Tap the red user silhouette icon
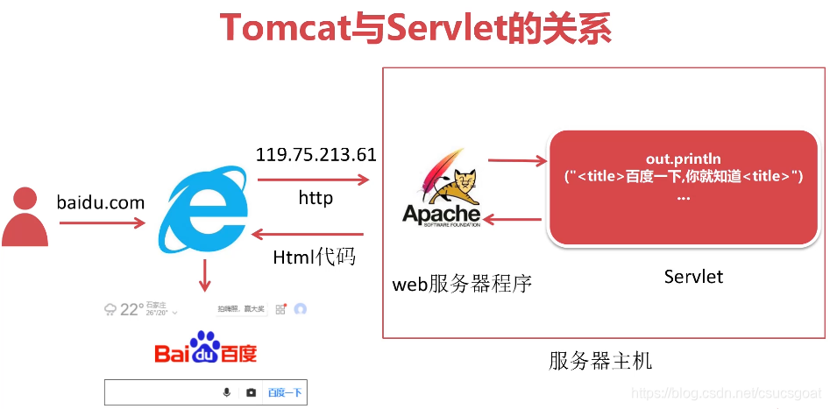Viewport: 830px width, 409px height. click(25, 215)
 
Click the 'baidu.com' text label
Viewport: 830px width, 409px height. click(100, 202)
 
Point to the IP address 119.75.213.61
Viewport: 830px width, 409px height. click(316, 155)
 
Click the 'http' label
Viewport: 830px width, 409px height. click(316, 198)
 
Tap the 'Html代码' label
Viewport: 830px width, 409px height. click(315, 257)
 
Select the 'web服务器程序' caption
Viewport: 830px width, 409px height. click(462, 283)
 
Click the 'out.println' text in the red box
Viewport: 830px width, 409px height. click(684, 159)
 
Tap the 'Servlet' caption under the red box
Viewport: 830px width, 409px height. click(693, 277)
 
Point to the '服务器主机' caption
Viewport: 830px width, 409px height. click(600, 361)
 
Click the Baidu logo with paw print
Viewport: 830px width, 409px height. click(206, 349)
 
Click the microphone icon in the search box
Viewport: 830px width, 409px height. click(227, 392)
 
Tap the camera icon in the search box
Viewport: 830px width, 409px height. click(251, 392)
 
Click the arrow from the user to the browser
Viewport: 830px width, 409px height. click(102, 223)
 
